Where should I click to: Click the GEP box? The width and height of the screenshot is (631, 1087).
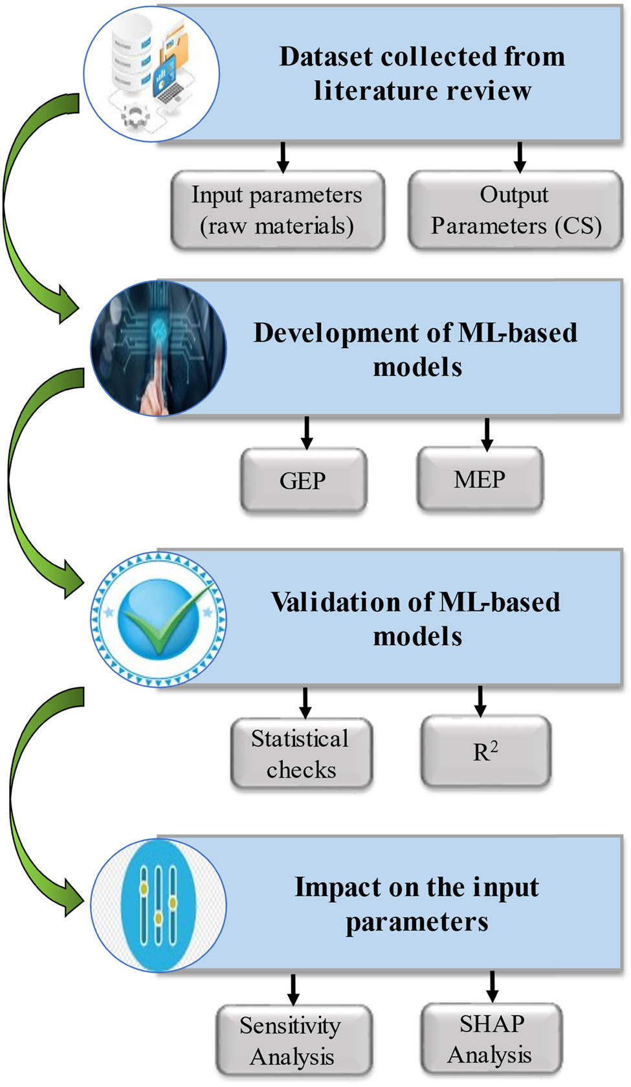point(304,480)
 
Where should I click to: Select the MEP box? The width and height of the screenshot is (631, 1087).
point(480,479)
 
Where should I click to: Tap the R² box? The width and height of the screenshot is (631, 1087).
point(485,751)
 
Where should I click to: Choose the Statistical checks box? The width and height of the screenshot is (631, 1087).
point(301,753)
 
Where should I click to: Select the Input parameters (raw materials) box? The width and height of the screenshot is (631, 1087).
point(278,210)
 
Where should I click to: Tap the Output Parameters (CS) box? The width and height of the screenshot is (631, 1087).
point(515,210)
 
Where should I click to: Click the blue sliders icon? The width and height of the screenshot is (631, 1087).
point(158,906)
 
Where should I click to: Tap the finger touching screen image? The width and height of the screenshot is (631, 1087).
point(158,348)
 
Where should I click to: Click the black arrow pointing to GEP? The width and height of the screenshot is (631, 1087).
point(306,432)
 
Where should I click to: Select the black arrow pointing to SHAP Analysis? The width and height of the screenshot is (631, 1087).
point(492,987)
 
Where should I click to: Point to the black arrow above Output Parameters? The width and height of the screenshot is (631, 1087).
point(519,157)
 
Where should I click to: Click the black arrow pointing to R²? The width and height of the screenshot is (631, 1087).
point(480,701)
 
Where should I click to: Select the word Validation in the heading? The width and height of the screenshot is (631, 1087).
point(335,602)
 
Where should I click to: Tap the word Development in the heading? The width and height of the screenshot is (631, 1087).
point(336,333)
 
